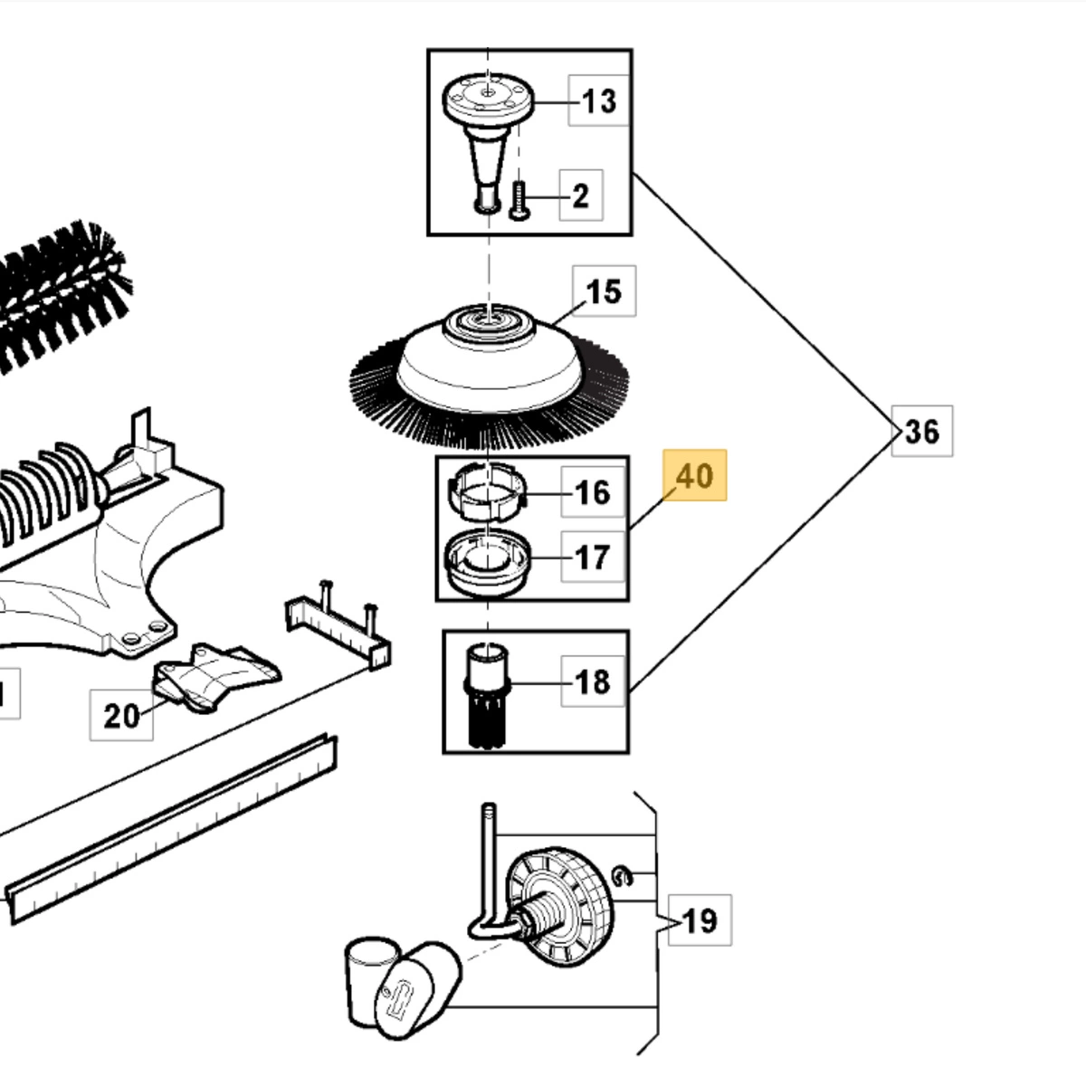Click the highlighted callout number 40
(694, 476)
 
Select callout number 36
(922, 431)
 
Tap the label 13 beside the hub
(598, 100)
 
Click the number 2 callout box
(581, 195)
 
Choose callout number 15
(605, 291)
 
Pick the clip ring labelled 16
(488, 491)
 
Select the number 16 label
(593, 492)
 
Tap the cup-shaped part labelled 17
(488, 561)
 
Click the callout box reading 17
(593, 557)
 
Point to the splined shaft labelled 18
(487, 695)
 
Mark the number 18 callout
(593, 681)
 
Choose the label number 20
(121, 716)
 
